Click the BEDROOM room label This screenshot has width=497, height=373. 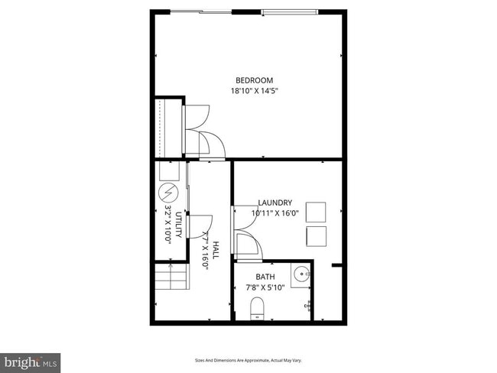tap(254, 80)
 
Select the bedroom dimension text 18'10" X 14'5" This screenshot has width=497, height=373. tap(254, 91)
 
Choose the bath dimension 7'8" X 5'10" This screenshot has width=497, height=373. tap(265, 288)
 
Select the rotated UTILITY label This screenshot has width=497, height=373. tap(178, 224)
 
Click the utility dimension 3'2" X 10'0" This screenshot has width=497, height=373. tap(167, 224)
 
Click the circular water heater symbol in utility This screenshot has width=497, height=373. tap(168, 193)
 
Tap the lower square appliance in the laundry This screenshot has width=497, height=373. tap(316, 236)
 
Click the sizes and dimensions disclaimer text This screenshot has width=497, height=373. tap(248, 360)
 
